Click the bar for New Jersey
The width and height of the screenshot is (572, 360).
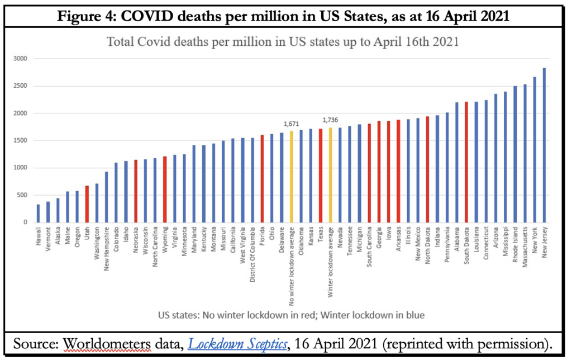[544, 145]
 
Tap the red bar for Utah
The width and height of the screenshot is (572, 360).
[87, 204]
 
